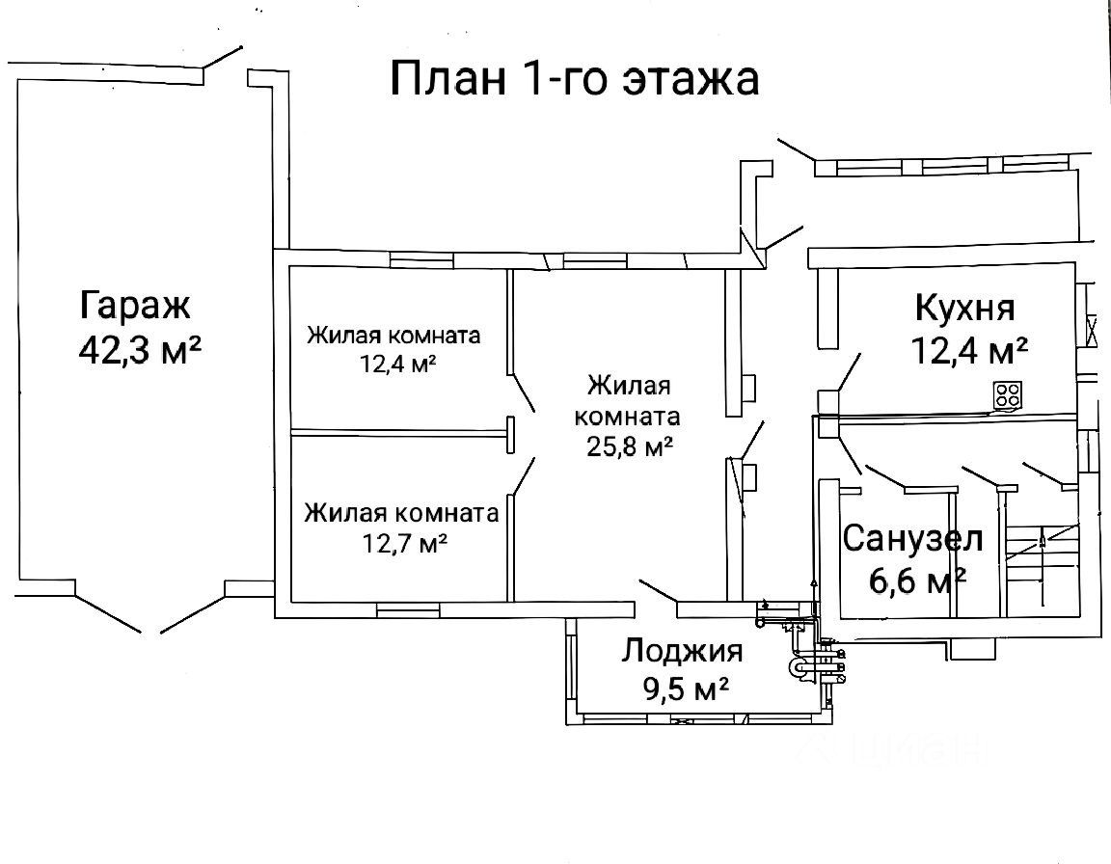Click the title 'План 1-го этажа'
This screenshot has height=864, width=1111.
coord(575,77)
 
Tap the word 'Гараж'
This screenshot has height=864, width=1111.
coord(136,306)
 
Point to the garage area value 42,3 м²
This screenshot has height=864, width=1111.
coord(140,349)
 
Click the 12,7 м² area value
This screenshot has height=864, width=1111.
coord(402,543)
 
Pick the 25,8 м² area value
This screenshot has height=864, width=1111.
coord(628,446)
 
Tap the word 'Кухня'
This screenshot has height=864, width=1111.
coord(963,309)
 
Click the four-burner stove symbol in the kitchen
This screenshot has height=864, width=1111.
coord(1009,393)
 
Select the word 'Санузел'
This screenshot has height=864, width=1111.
coord(912,538)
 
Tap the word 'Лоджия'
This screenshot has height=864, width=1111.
coord(682,651)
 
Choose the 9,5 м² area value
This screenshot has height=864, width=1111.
coord(683,690)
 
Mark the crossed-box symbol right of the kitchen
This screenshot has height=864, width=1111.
coord(1094,331)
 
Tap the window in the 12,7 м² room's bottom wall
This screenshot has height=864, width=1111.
coord(408,609)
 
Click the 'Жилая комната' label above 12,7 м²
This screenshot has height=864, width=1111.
coord(401,512)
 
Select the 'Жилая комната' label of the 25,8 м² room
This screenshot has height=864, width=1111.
coord(628,402)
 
